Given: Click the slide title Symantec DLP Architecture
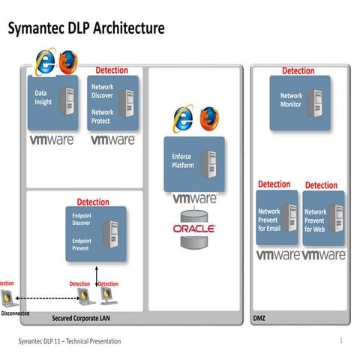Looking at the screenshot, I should pyautogui.click(x=85, y=29).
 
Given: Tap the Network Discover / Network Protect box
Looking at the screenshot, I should pyautogui.click(x=111, y=102).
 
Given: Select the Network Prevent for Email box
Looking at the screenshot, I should pyautogui.click(x=277, y=217).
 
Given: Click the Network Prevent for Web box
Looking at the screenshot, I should pyautogui.click(x=323, y=217).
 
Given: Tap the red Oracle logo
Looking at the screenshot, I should pyautogui.click(x=194, y=227).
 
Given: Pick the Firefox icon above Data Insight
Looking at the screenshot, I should pyautogui.click(x=67, y=61).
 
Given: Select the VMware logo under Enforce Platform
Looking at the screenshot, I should pyautogui.click(x=194, y=199).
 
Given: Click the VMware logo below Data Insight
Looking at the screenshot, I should pyautogui.click(x=52, y=139).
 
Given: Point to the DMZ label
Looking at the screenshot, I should pyautogui.click(x=258, y=318).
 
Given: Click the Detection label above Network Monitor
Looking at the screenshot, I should pyautogui.click(x=298, y=71).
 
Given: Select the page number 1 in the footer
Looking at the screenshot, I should pyautogui.click(x=340, y=341).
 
